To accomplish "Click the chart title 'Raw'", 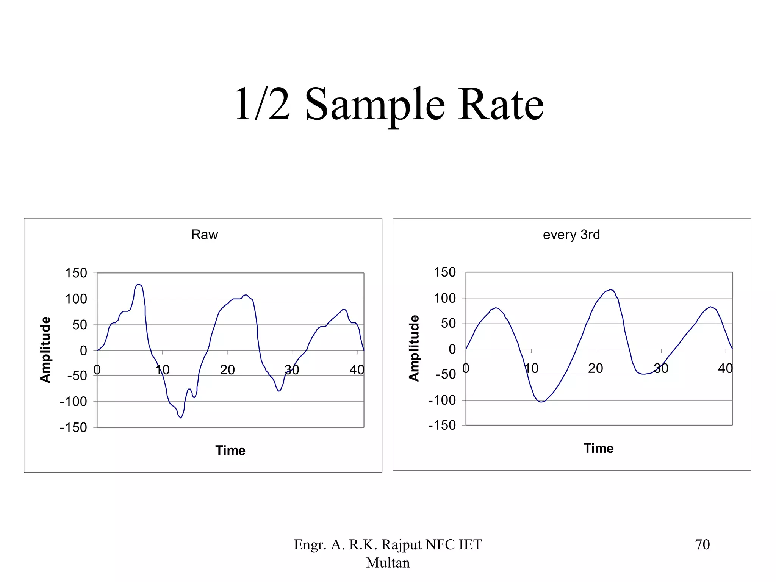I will coord(205,235).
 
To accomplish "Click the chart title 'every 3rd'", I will coord(571,235).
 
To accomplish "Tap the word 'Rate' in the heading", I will coord(501,104).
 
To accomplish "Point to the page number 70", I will coord(702,544).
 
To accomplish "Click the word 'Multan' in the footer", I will coord(388,563).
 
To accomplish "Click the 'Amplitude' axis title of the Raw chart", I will coord(45,349).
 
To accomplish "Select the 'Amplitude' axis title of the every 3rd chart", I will coord(414,348).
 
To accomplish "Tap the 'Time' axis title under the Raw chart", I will coord(230,450).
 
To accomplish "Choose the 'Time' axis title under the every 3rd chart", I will coord(598,448).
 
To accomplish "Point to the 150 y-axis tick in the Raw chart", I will coord(76,273).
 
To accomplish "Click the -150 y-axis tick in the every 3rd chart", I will coord(442,425).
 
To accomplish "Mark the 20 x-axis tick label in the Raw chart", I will coord(227,369).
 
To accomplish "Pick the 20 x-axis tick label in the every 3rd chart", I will coord(596,368).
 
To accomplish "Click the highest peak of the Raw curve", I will coord(139,284).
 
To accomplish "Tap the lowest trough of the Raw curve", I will coord(181,418).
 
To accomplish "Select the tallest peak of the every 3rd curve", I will coord(610,290).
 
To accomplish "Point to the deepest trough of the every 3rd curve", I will coord(541,402).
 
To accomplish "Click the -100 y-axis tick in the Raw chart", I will coord(73,401).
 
